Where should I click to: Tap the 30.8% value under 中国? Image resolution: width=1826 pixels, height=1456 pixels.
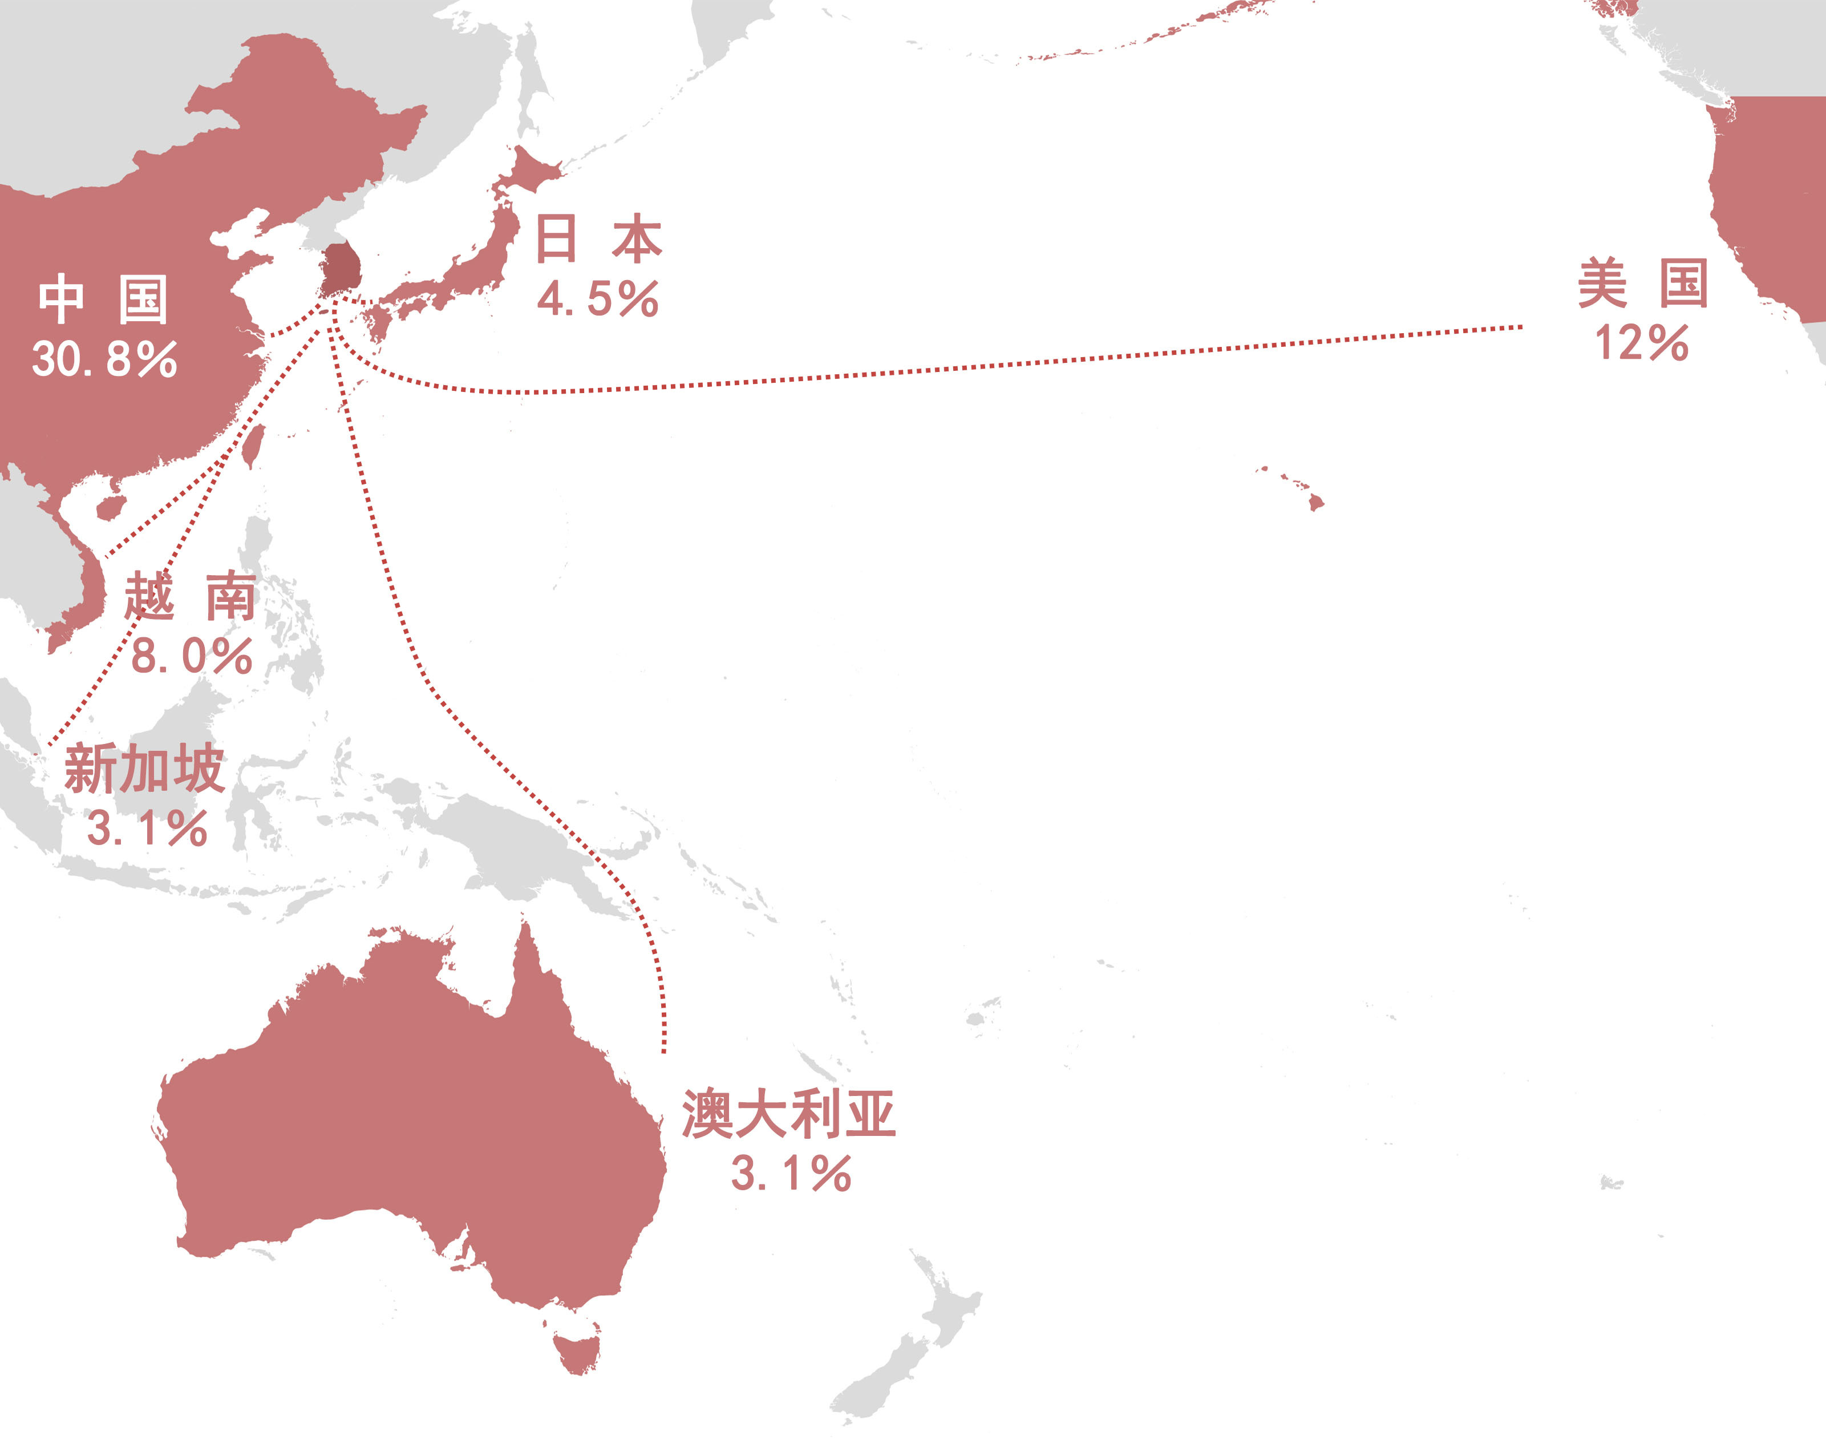coord(105,359)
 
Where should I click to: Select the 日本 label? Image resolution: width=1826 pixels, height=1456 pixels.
coord(598,239)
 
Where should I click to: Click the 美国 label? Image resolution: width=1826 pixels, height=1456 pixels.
coord(1642,285)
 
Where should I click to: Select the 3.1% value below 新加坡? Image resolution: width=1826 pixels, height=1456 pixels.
coord(147,828)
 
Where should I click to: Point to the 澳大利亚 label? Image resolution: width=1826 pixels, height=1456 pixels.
coord(788,1115)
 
